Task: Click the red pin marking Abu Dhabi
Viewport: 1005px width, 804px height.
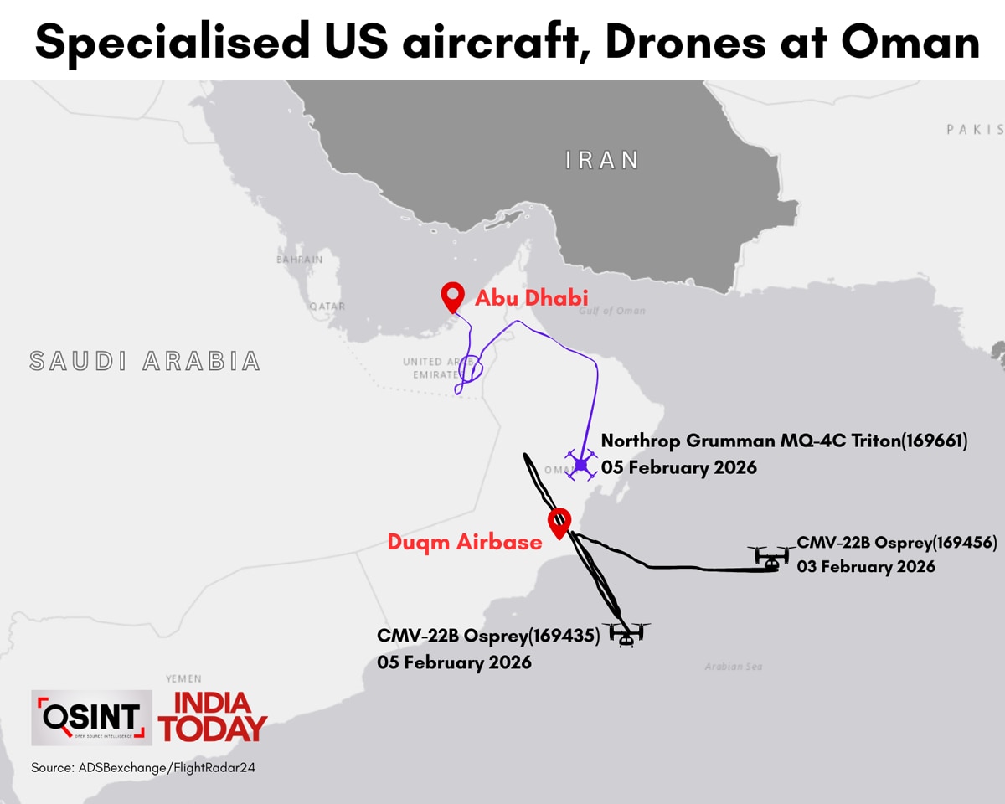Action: [x=453, y=296]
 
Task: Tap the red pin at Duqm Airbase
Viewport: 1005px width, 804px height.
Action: [x=559, y=522]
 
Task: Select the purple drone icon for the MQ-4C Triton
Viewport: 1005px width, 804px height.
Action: [x=580, y=464]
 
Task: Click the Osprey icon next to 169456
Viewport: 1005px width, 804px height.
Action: [x=771, y=559]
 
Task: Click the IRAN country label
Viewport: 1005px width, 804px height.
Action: [x=602, y=160]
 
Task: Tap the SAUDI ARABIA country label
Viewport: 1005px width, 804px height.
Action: [x=145, y=361]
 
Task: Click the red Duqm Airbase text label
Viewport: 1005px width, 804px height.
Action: [x=464, y=542]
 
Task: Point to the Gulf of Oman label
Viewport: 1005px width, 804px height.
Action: [x=612, y=311]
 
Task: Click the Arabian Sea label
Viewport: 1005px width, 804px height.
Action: [x=733, y=667]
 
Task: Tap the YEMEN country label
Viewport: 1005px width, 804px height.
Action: [x=183, y=678]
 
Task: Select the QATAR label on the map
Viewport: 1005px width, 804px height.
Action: [x=327, y=307]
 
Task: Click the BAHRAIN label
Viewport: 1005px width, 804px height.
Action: [x=299, y=260]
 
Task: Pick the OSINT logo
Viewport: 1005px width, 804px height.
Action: [x=91, y=717]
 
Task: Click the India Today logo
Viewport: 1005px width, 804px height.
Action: [x=214, y=717]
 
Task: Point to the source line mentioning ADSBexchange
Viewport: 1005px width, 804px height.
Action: [x=142, y=767]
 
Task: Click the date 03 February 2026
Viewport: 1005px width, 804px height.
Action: [x=866, y=567]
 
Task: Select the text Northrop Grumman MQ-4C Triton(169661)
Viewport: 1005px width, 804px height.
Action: [x=784, y=441]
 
